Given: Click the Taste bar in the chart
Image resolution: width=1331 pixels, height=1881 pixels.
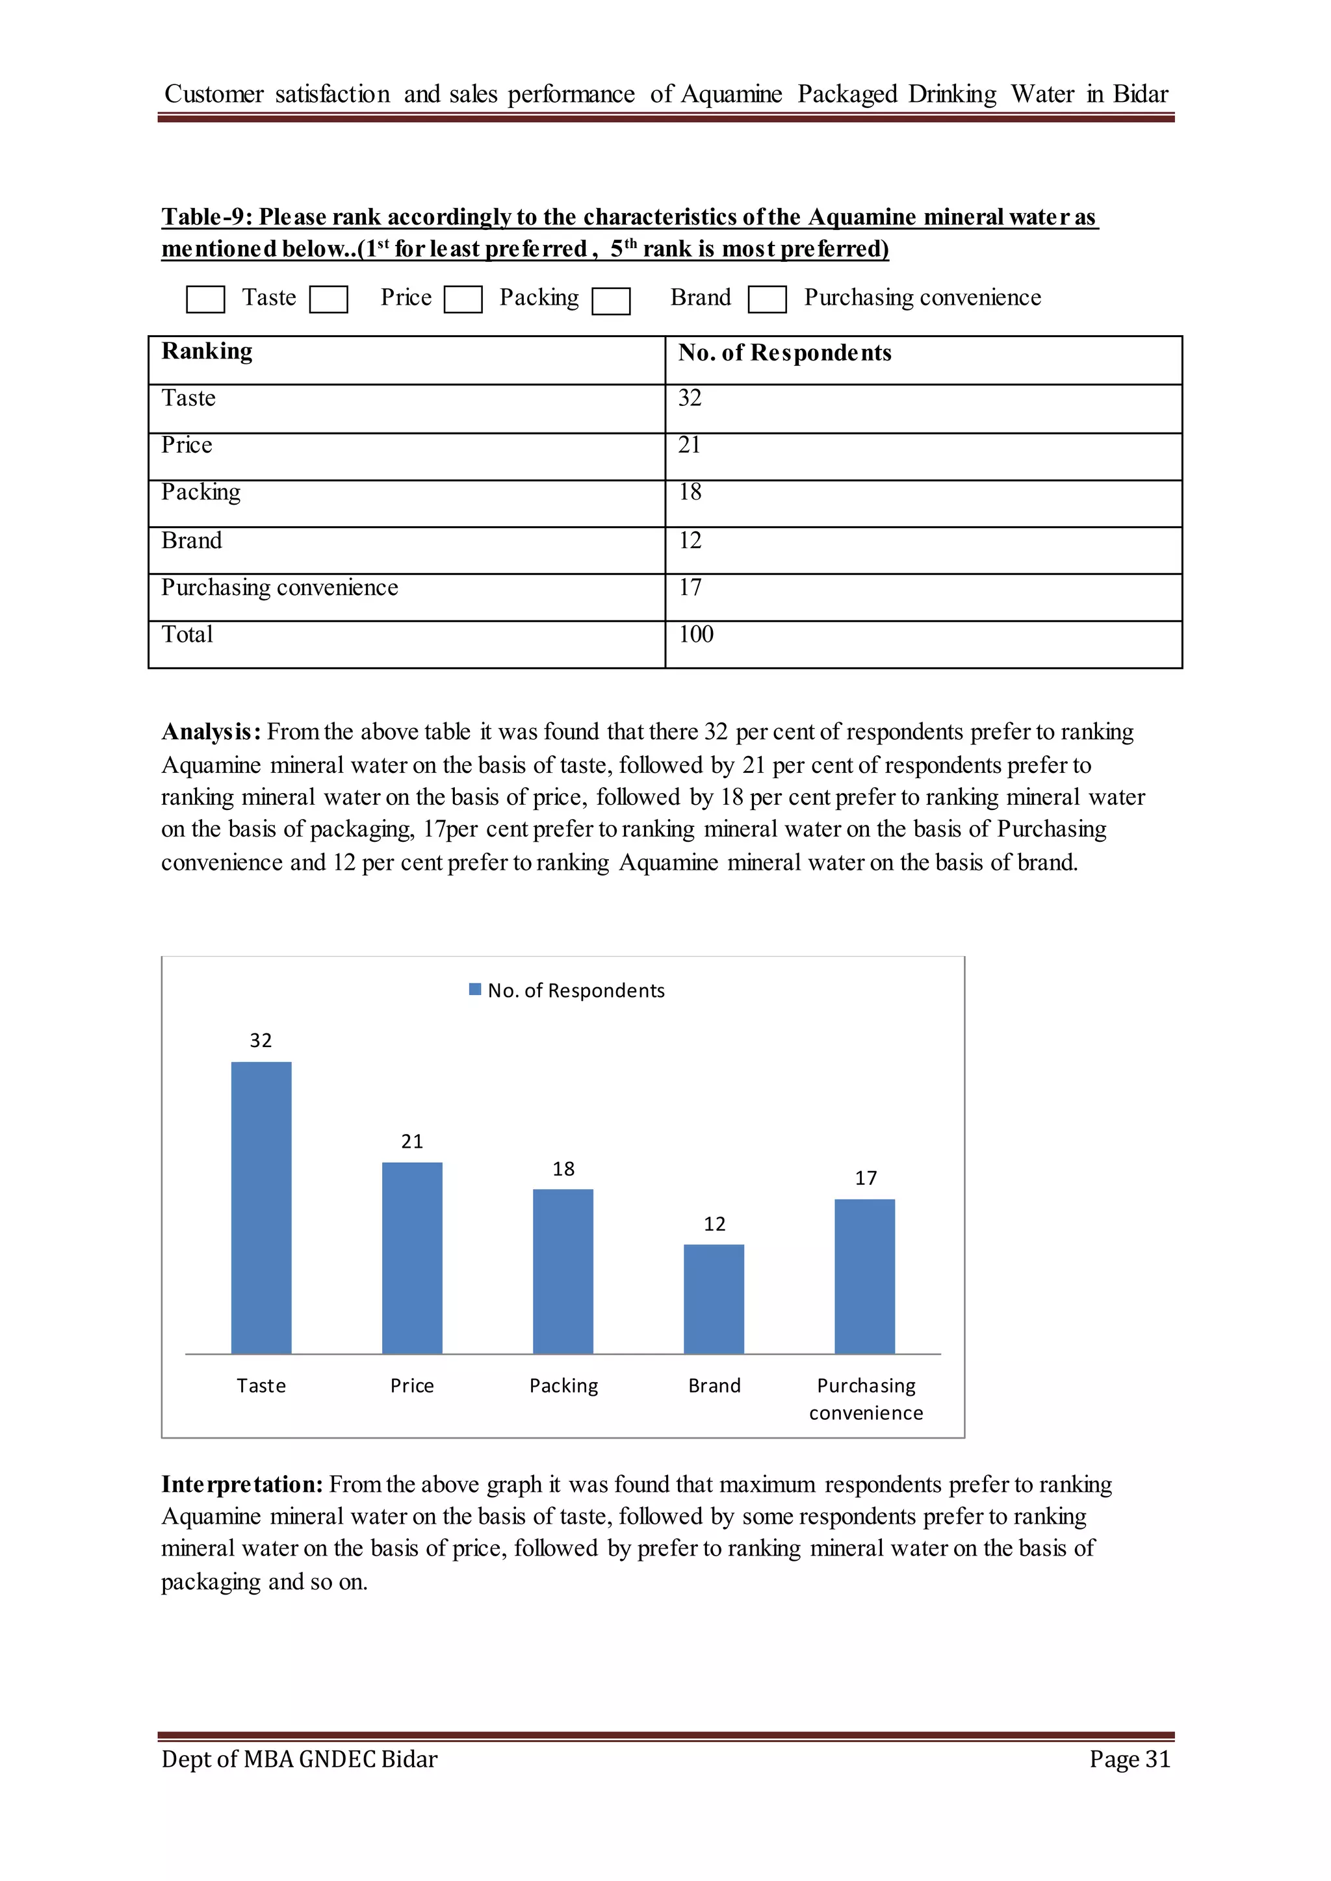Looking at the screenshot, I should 261,1207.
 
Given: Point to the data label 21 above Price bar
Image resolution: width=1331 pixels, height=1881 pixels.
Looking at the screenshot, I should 411,1141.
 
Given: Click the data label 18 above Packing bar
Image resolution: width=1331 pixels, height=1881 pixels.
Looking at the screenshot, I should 563,1168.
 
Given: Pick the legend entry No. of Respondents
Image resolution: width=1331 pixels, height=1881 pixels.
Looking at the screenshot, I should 575,991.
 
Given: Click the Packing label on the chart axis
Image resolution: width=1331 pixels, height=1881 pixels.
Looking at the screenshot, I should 563,1385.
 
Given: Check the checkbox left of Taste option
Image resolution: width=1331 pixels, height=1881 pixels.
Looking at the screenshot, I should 205,299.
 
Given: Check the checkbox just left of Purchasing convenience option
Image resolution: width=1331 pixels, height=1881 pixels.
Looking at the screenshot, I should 767,299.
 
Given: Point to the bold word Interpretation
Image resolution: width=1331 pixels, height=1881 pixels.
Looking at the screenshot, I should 242,1485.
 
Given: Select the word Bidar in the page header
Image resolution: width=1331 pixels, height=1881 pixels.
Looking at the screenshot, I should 1140,94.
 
